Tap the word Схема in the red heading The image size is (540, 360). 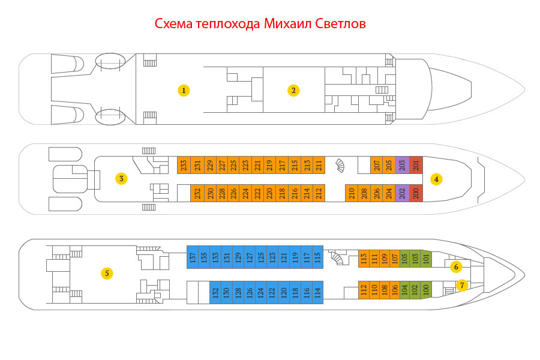click(173, 24)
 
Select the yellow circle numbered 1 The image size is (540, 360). click(184, 90)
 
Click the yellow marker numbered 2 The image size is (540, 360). click(293, 90)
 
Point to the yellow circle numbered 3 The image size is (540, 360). click(121, 178)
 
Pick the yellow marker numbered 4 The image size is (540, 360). click(436, 179)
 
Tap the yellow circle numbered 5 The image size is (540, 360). click(107, 273)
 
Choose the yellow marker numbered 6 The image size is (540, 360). click(456, 266)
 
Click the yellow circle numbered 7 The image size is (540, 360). click(462, 285)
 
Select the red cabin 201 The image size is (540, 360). click(416, 165)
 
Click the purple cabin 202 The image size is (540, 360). click(402, 193)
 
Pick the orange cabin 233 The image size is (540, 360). click(184, 165)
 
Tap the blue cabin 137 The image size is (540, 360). click(193, 257)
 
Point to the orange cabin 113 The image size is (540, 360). click(364, 259)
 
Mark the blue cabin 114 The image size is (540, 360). click(317, 292)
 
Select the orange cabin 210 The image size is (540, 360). click(352, 193)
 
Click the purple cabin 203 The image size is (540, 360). click(402, 165)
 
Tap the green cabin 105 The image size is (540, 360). click(405, 259)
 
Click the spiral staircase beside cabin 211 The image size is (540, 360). click(340, 166)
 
